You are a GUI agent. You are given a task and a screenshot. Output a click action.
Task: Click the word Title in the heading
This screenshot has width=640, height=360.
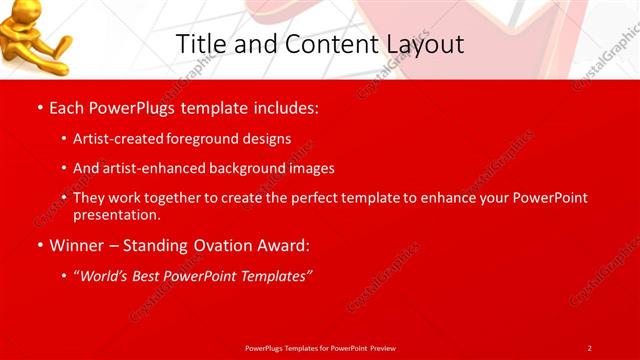pos(199,44)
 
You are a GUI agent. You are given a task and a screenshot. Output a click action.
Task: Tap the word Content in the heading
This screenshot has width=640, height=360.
pos(324,44)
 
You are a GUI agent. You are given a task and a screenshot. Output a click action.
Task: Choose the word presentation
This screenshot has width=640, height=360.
pos(116,214)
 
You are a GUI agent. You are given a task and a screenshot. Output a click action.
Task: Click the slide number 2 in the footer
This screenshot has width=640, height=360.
pos(589,347)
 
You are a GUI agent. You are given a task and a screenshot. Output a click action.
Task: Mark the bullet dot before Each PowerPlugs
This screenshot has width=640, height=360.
pos(39,107)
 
